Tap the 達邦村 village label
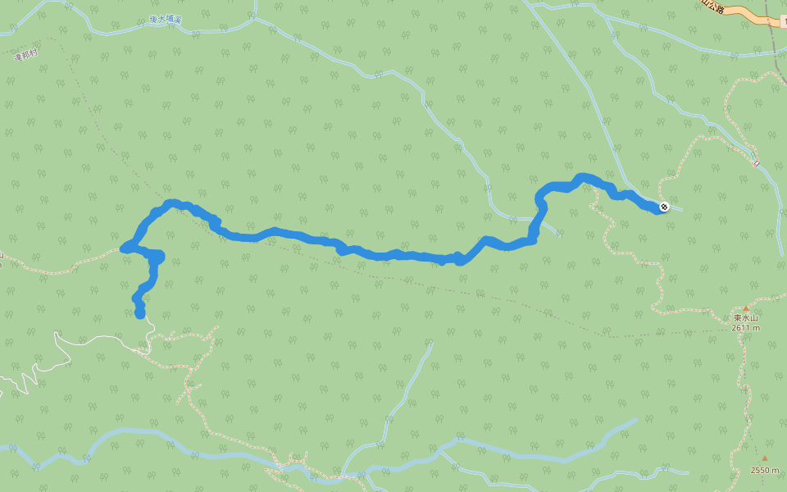(x=26, y=55)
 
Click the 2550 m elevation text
(x=766, y=470)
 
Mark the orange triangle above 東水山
(x=746, y=308)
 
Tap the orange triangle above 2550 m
(x=765, y=458)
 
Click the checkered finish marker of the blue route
(x=663, y=206)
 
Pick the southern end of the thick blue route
(x=140, y=313)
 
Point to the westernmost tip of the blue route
(x=125, y=248)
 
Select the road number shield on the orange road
(x=785, y=21)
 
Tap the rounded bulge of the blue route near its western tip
(x=157, y=257)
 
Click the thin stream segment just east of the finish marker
(x=676, y=208)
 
